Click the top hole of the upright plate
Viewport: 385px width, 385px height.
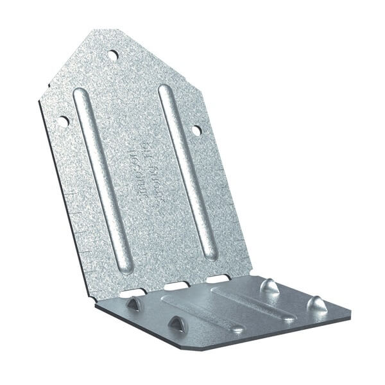pyautogui.click(x=113, y=55)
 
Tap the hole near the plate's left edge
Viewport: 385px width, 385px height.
pyautogui.click(x=63, y=120)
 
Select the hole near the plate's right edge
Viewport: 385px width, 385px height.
pyautogui.click(x=196, y=130)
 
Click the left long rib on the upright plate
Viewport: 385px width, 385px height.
pyautogui.click(x=103, y=180)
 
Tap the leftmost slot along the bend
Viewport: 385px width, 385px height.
pyautogui.click(x=133, y=293)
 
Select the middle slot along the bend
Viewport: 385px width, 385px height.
pyautogui.click(x=176, y=286)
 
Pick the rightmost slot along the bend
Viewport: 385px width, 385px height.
pyautogui.click(x=218, y=279)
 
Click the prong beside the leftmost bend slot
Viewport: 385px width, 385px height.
pyautogui.click(x=133, y=304)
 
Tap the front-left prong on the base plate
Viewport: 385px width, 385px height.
pyautogui.click(x=175, y=324)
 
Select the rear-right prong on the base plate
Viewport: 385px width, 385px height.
pyautogui.click(x=269, y=286)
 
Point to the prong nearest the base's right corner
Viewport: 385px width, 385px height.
pyautogui.click(x=316, y=304)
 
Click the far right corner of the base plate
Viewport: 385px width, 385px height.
pyautogui.click(x=348, y=314)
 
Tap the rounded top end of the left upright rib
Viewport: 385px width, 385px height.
pyautogui.click(x=80, y=94)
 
